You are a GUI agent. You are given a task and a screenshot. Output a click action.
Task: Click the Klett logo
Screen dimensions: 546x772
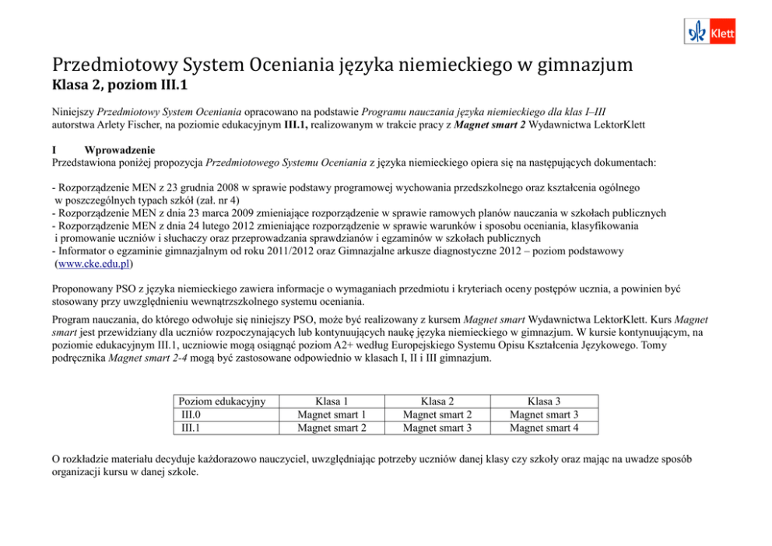tap(709, 32)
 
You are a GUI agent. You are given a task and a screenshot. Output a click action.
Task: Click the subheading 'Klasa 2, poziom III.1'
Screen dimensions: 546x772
tap(120, 84)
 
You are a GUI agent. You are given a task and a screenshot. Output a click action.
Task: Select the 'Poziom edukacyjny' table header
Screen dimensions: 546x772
tap(222, 401)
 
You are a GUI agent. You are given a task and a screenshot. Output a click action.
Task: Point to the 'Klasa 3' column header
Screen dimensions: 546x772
tap(543, 401)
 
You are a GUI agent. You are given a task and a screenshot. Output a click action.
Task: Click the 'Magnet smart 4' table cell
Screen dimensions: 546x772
tap(543, 427)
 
